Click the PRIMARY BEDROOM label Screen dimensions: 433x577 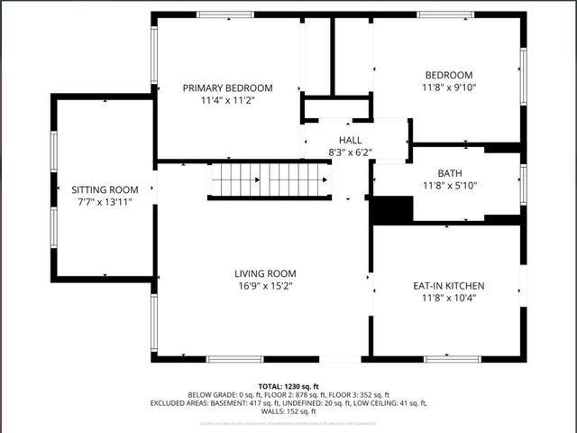pyautogui.click(x=227, y=88)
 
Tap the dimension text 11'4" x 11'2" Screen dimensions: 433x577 pyautogui.click(x=227, y=100)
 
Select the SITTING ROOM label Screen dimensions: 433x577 pyautogui.click(x=105, y=189)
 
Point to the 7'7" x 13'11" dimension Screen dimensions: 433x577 pyautogui.click(x=105, y=202)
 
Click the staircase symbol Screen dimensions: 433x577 pyautogui.click(x=269, y=180)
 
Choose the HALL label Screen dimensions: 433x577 pyautogui.click(x=350, y=140)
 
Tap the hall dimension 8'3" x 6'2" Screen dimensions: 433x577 pyautogui.click(x=350, y=152)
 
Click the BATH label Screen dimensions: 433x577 pyautogui.click(x=449, y=172)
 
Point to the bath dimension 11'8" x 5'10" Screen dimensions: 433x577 pyautogui.click(x=449, y=185)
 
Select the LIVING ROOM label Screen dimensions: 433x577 pyautogui.click(x=265, y=273)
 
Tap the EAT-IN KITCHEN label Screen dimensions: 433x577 pyautogui.click(x=449, y=285)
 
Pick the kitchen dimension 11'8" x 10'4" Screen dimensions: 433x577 pyautogui.click(x=449, y=298)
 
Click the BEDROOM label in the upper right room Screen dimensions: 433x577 pyautogui.click(x=448, y=75)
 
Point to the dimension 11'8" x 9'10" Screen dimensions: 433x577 pyautogui.click(x=448, y=88)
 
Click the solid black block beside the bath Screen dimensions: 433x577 pyautogui.click(x=392, y=209)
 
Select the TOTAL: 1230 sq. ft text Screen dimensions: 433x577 pyautogui.click(x=288, y=385)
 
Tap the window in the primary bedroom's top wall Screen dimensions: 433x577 pyautogui.click(x=225, y=14)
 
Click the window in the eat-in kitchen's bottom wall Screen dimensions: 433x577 pyautogui.click(x=452, y=359)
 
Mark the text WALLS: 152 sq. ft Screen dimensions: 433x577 pyautogui.click(x=288, y=411)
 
